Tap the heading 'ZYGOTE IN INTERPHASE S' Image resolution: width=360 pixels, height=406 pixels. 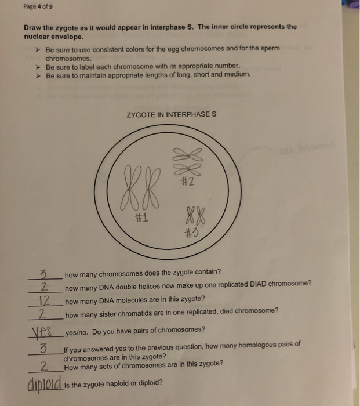point(171,114)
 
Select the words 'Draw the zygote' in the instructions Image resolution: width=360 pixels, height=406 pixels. point(48,27)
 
